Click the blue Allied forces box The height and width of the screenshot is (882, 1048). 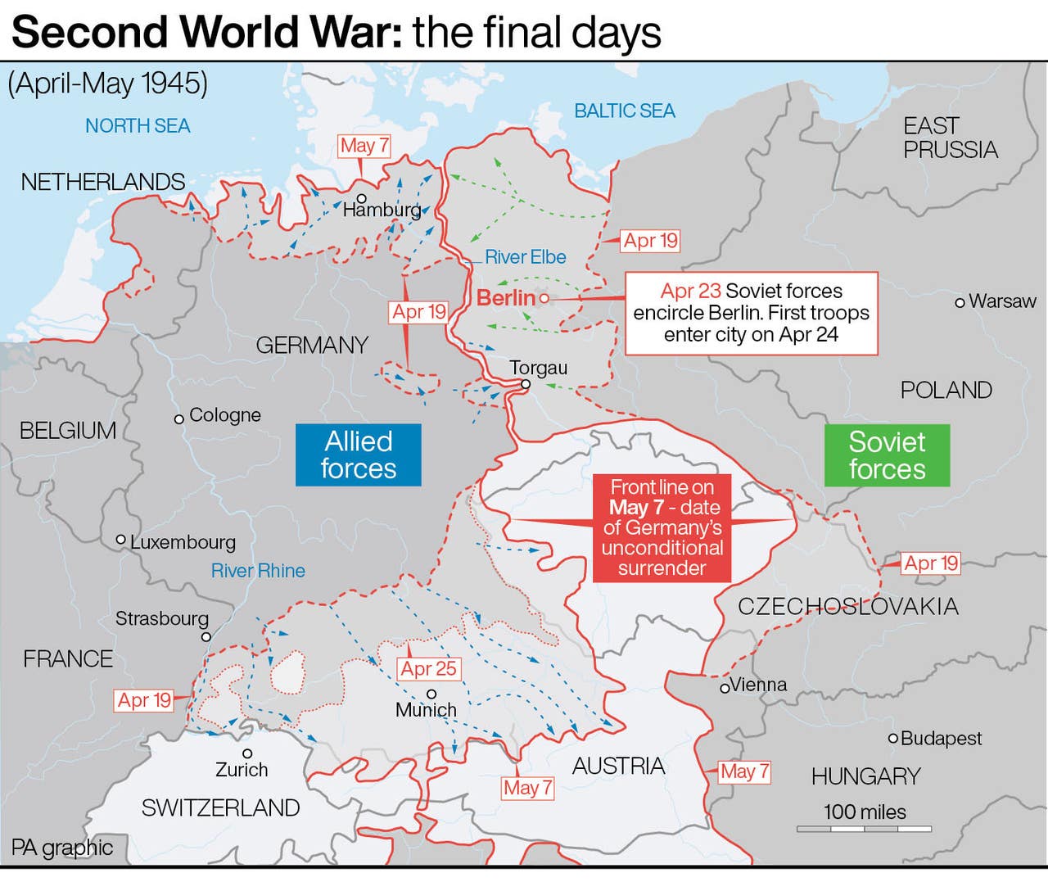pos(358,455)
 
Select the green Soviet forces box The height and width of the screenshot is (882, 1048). pos(887,455)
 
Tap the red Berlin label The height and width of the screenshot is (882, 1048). pos(505,298)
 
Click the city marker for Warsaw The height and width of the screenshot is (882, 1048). pos(960,302)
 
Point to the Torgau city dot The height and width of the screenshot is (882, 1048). pos(526,384)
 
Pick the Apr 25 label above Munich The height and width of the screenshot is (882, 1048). pos(428,669)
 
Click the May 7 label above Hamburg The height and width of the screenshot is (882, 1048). pos(364,147)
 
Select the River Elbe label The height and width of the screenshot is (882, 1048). pos(525,257)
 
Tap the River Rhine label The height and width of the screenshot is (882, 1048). pos(258,571)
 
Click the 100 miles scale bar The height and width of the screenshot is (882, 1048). pos(864,829)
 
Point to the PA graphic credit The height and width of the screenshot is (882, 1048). pos(62,848)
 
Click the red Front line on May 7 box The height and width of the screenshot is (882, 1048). pos(662,527)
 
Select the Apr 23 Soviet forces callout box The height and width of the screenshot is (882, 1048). pos(751,314)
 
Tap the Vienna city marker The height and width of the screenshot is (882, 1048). pos(725,688)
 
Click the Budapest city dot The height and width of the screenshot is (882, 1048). pos(893,739)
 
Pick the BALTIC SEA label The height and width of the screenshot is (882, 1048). pos(624,111)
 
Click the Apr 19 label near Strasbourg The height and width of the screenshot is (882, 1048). pos(144,701)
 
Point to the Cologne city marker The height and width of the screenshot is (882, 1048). pos(178,419)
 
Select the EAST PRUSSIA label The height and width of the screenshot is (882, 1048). pos(950,138)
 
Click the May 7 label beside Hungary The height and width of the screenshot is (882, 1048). pos(743,771)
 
